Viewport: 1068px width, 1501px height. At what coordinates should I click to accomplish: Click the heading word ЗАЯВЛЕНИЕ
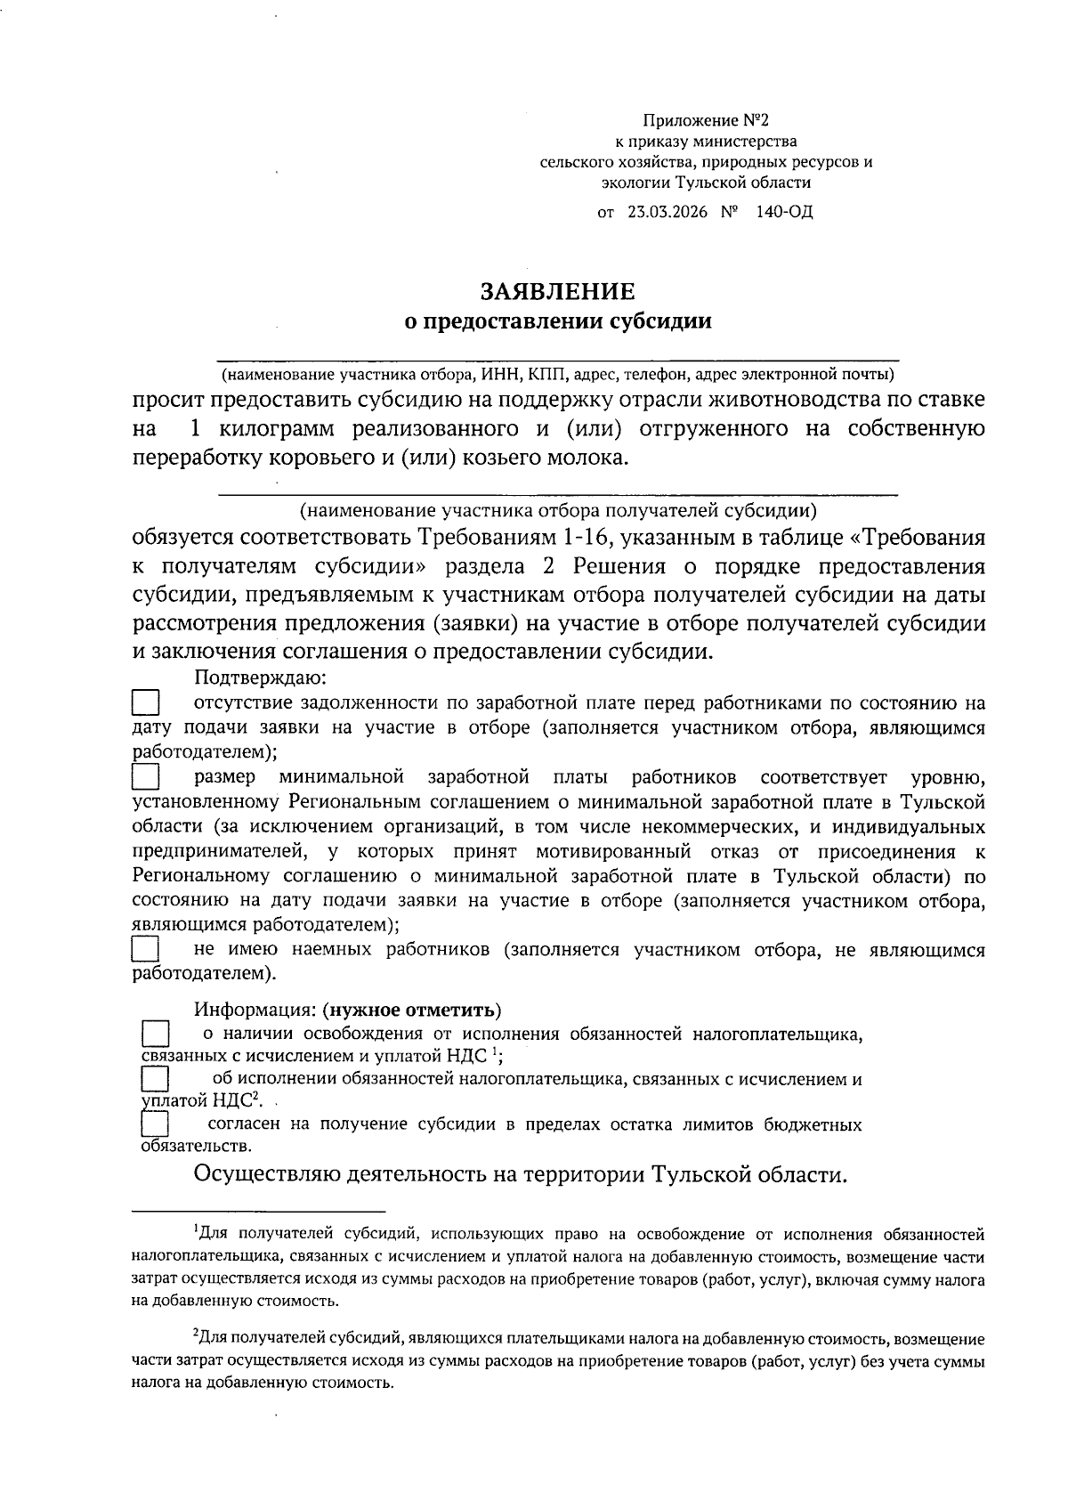point(558,292)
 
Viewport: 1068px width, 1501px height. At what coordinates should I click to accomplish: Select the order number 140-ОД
point(784,212)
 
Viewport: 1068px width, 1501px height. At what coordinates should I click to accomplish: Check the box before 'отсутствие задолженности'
point(145,703)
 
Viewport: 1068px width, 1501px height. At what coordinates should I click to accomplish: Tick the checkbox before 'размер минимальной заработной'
point(145,779)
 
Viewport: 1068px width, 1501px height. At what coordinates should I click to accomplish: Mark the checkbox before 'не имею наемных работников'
point(145,949)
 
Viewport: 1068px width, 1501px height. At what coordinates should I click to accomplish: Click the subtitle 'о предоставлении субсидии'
point(558,321)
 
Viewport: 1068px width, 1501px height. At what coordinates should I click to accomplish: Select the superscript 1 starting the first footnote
point(196,1231)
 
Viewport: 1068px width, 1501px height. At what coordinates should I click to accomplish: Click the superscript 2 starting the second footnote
point(196,1335)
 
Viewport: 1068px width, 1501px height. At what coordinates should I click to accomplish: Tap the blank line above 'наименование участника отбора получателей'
point(558,491)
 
